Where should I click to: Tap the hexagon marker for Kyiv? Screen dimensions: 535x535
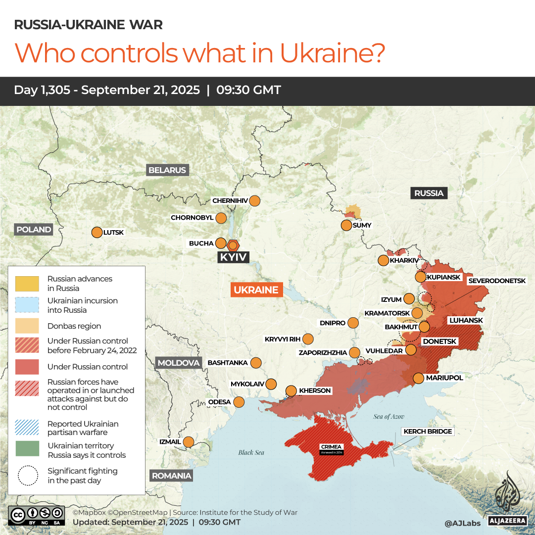[x=233, y=245]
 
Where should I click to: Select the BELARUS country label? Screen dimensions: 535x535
[x=167, y=170]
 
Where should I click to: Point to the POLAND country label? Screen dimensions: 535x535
[x=34, y=230]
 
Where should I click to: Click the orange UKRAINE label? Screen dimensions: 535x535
[x=256, y=290]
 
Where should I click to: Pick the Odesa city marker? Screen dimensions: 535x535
[x=239, y=402]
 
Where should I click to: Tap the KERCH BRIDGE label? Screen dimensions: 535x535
[x=428, y=432]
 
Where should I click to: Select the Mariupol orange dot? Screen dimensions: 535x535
[x=419, y=378]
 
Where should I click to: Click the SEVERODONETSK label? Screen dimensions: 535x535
[x=497, y=281]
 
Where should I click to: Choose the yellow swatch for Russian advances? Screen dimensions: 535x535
[x=27, y=284]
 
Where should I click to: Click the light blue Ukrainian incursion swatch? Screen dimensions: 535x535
[x=27, y=305]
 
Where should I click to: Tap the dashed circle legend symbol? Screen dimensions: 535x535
[x=27, y=476]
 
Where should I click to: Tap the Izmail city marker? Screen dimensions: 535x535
[x=189, y=442]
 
